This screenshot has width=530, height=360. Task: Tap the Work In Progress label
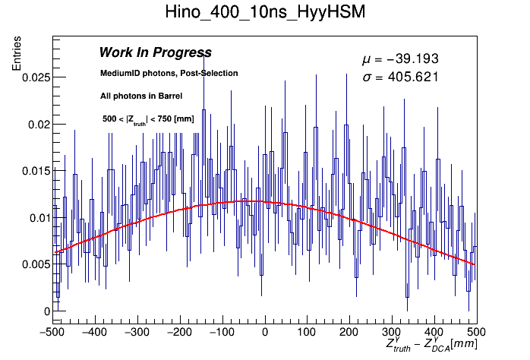point(155,52)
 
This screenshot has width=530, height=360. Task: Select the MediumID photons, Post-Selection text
point(169,73)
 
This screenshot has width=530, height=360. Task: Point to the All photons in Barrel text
point(141,96)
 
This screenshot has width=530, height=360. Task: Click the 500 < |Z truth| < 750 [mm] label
point(147,119)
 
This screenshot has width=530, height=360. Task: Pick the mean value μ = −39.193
point(400,59)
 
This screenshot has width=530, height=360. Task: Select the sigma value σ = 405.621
point(400,77)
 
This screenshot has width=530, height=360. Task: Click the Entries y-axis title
point(16,54)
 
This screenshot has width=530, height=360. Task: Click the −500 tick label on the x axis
point(53,332)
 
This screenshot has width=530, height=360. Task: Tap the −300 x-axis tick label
point(137,332)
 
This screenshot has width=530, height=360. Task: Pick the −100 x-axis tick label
point(222,332)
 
